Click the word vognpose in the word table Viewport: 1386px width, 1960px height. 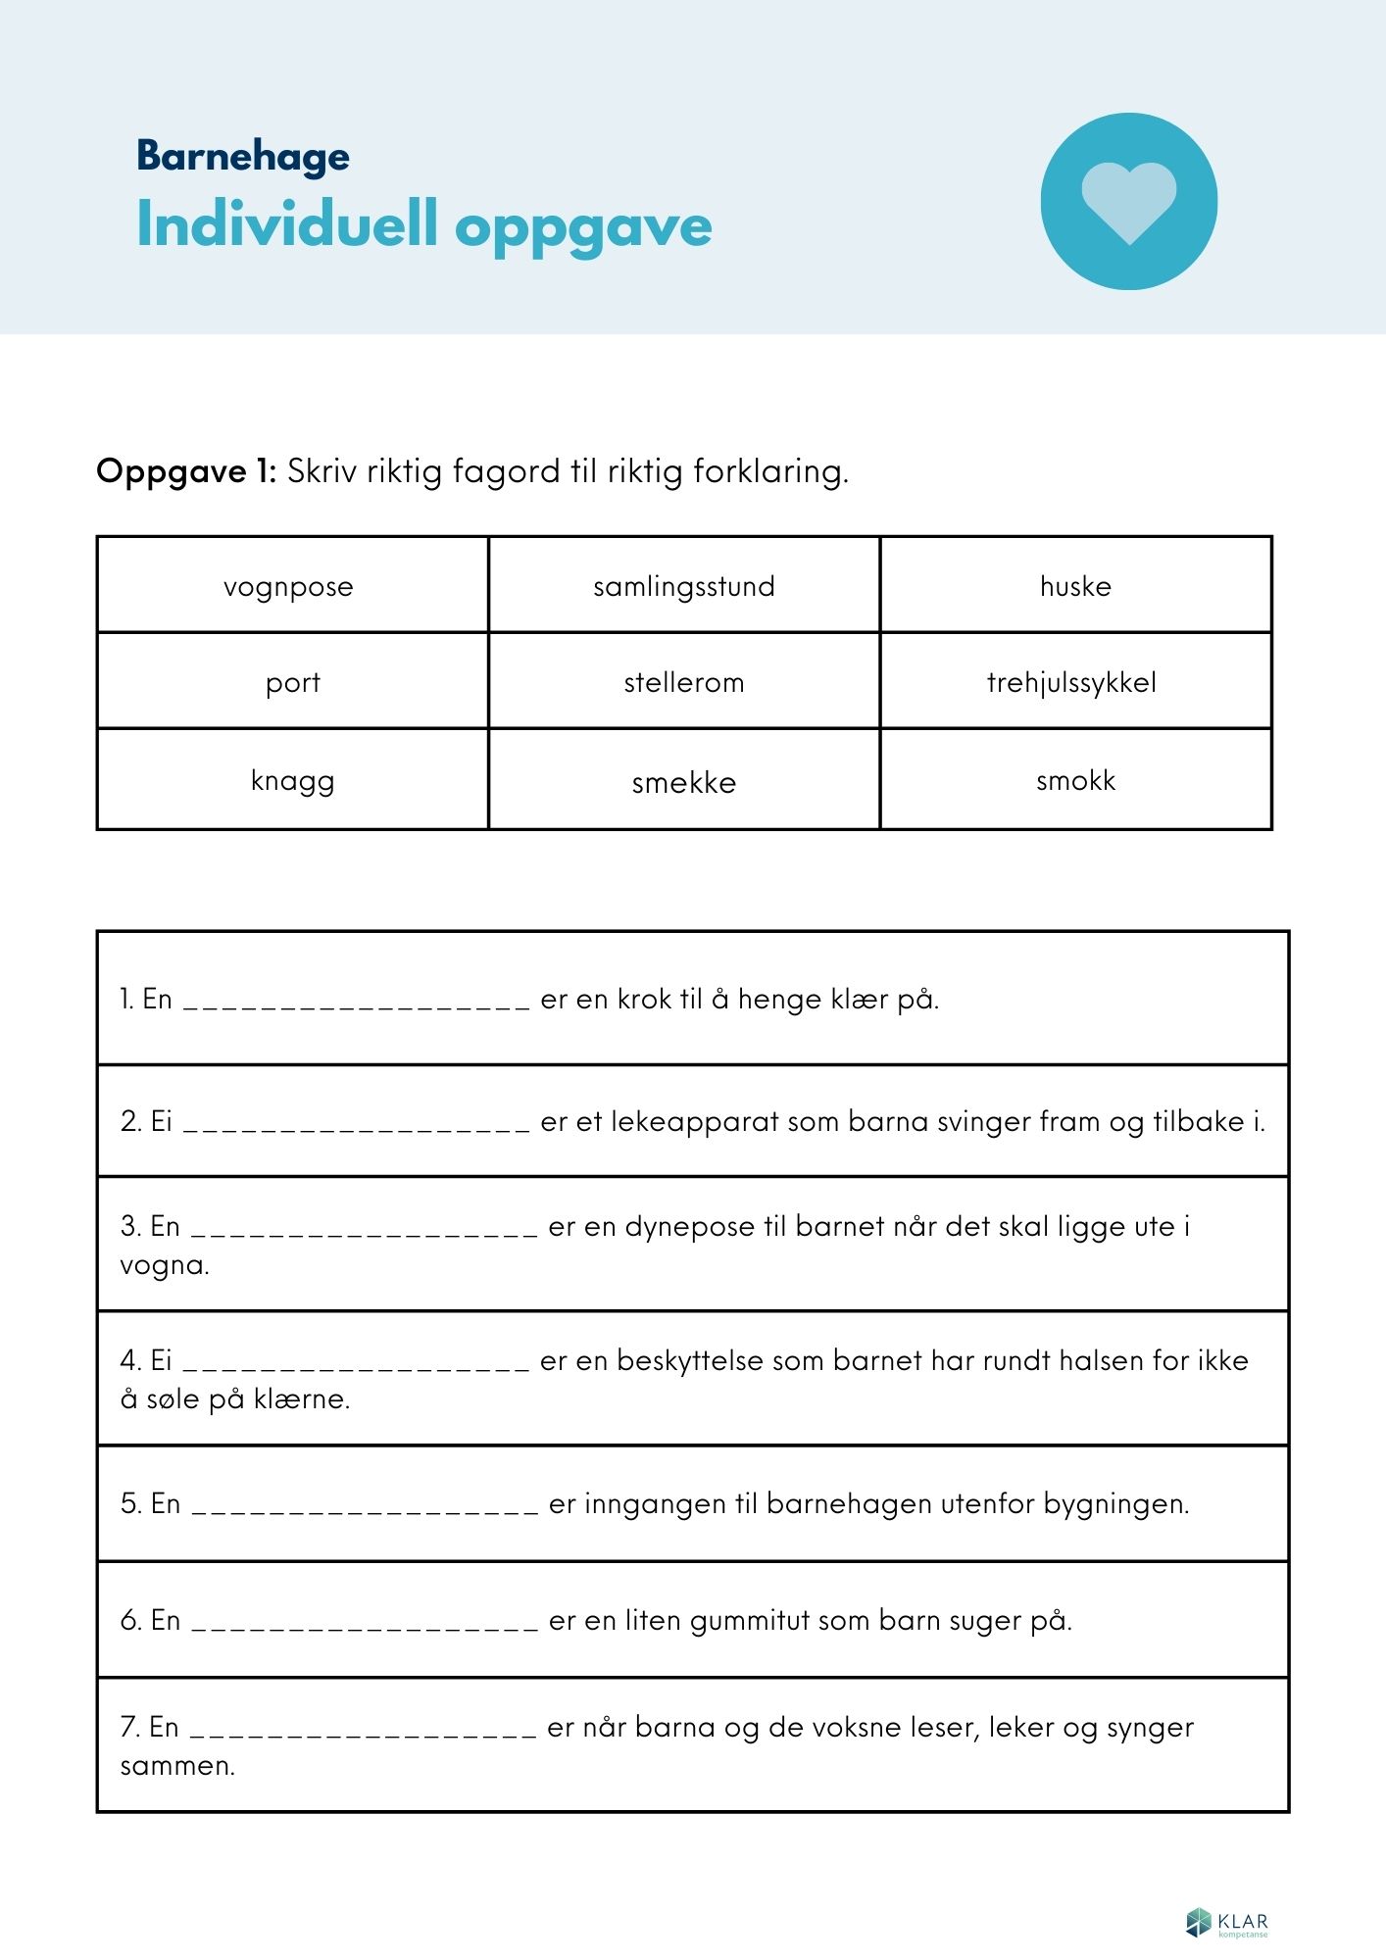point(288,587)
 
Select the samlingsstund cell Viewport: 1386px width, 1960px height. point(684,586)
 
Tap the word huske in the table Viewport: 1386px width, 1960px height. point(1075,586)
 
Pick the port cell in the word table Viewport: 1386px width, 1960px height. point(293,682)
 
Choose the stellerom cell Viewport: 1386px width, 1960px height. point(684,682)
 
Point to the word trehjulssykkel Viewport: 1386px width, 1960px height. point(1071,682)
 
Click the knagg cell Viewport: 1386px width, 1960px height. point(293,781)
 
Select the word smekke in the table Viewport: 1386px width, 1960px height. point(684,782)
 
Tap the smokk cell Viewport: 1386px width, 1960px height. point(1075,780)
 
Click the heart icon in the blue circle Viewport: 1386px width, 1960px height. point(1128,201)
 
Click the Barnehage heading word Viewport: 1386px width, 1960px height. point(243,156)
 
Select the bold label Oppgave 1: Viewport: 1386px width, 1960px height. point(186,471)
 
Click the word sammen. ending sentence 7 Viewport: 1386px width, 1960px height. point(177,1766)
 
